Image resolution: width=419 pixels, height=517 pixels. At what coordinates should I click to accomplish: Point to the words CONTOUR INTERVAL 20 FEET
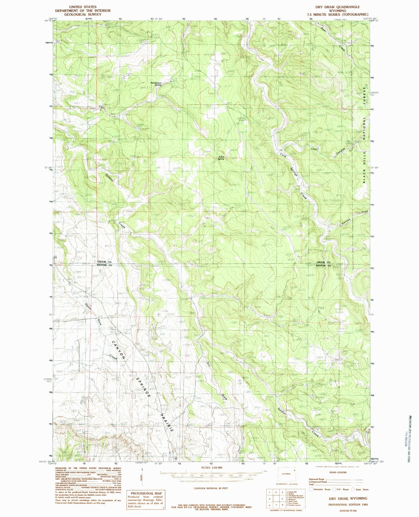[x=211, y=488]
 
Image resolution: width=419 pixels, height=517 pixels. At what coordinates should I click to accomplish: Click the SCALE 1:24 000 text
[x=211, y=468]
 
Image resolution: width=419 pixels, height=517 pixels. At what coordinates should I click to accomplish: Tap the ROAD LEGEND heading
[x=338, y=472]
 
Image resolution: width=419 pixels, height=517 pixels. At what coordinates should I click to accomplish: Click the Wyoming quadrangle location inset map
[x=286, y=477]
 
